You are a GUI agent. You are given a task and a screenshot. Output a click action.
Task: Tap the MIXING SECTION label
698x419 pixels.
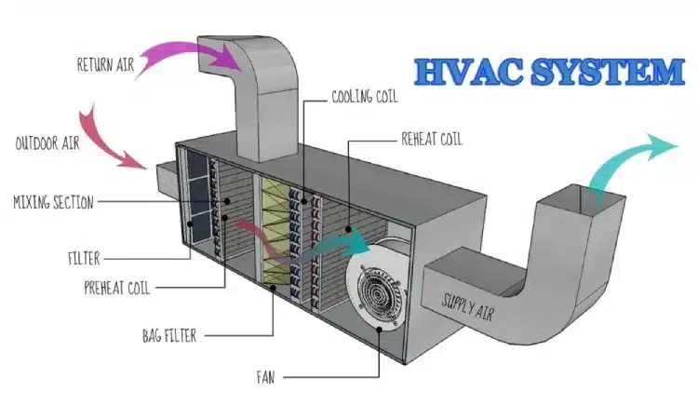pyautogui.click(x=53, y=200)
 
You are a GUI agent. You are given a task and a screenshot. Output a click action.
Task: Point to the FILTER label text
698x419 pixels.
pyautogui.click(x=82, y=259)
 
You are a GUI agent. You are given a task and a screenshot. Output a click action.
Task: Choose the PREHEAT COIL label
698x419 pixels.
pyautogui.click(x=116, y=288)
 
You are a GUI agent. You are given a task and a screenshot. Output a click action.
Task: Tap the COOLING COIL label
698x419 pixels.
pyautogui.click(x=366, y=95)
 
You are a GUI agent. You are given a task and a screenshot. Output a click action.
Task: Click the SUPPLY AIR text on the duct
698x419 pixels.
pyautogui.click(x=469, y=302)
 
